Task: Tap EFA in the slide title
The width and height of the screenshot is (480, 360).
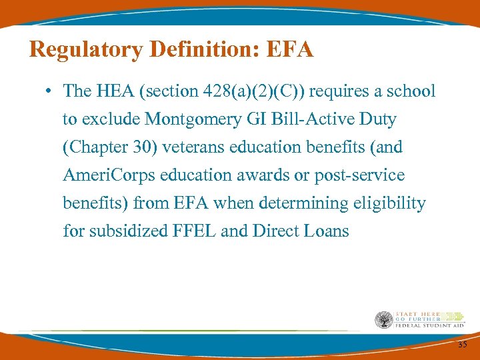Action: [288, 50]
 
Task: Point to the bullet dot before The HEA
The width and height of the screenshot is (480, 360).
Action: [51, 91]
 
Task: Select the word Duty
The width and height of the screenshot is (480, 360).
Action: [377, 119]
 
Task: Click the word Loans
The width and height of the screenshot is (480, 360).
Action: [326, 231]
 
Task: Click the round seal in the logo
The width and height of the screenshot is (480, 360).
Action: [384, 321]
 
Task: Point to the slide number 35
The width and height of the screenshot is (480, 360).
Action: [462, 344]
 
